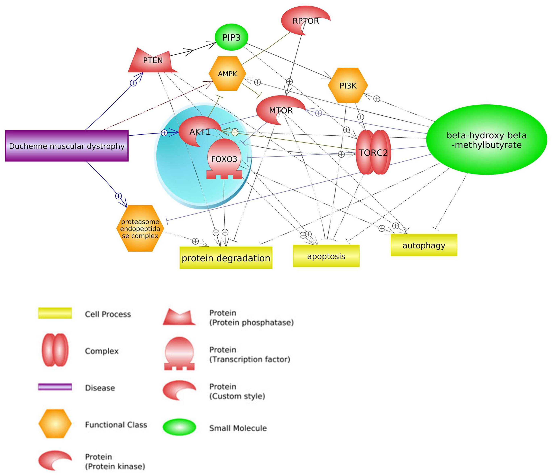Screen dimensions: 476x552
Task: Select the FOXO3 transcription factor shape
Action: [224, 159]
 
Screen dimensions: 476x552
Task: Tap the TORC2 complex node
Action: [373, 153]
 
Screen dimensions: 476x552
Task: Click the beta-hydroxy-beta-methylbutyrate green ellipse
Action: [486, 140]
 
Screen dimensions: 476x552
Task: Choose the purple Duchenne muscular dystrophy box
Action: [67, 146]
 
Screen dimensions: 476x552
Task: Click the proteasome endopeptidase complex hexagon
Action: [140, 228]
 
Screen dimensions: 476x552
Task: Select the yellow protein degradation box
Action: [226, 258]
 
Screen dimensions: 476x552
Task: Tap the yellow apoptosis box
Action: [326, 256]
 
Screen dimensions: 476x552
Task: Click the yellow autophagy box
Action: [424, 245]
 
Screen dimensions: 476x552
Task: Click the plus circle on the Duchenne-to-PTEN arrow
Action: [133, 83]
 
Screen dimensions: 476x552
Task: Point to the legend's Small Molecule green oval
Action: [179, 428]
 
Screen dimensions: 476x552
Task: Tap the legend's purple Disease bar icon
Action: [55, 387]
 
